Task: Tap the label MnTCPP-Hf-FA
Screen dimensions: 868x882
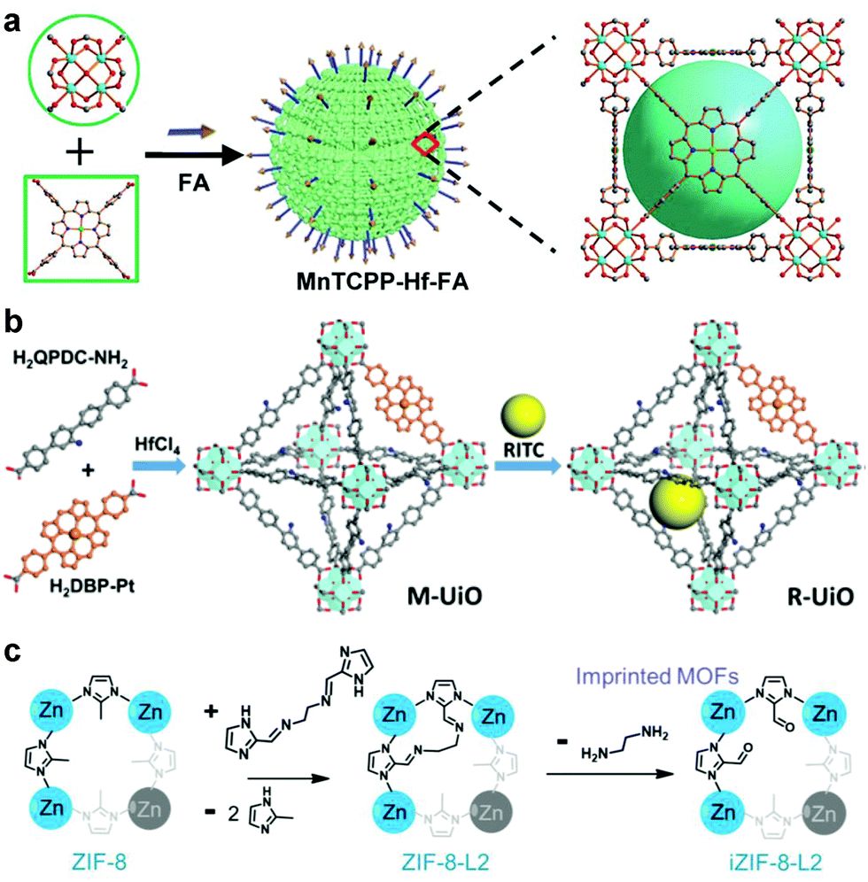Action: (383, 282)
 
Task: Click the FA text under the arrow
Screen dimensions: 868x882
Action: (194, 182)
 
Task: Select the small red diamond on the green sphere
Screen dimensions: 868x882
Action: (426, 144)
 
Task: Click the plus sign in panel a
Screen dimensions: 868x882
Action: (80, 152)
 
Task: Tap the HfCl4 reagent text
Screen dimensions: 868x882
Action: (158, 445)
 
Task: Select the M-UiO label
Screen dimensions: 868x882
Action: (445, 596)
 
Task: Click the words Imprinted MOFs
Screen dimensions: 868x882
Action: (656, 676)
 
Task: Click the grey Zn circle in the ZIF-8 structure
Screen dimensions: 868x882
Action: (150, 809)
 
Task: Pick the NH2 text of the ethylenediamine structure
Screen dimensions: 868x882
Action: (655, 733)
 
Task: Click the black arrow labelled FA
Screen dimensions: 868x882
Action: (195, 155)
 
